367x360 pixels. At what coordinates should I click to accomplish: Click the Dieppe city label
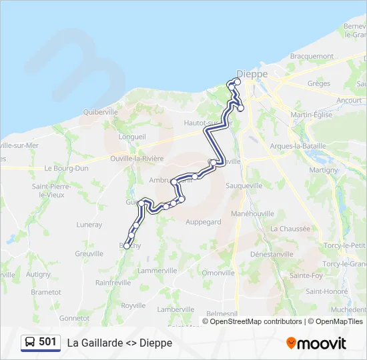[x=252, y=73]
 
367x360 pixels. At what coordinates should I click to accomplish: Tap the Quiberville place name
[x=100, y=113]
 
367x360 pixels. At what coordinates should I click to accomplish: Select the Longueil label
[x=131, y=136]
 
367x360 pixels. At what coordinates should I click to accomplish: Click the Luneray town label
[x=89, y=225]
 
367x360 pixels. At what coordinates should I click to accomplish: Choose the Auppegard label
[x=203, y=221]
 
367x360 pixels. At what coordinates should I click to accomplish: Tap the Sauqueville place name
[x=244, y=185]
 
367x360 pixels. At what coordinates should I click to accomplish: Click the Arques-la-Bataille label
[x=298, y=146]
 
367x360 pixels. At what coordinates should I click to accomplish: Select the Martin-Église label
[x=312, y=115]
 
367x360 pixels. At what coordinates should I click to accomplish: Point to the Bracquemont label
[x=312, y=57]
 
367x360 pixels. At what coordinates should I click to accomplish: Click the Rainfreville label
[x=113, y=283]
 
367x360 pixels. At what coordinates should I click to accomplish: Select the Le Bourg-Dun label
[x=66, y=169]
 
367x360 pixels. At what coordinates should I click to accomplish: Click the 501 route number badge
[x=41, y=342]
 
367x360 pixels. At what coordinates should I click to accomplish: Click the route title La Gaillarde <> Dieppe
[x=119, y=343]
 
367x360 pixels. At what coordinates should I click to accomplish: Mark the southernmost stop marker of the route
[x=127, y=247]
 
